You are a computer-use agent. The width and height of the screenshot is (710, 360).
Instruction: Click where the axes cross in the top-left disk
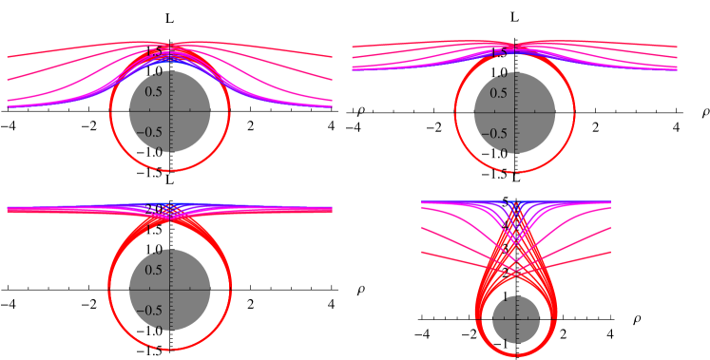169,111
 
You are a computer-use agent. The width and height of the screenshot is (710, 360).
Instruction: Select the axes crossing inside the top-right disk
514,111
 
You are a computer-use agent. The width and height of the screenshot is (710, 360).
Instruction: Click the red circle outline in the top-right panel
456,111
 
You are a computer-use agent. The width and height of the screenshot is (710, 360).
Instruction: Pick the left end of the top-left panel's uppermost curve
9,57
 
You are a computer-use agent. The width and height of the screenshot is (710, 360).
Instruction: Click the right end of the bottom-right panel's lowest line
609,253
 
